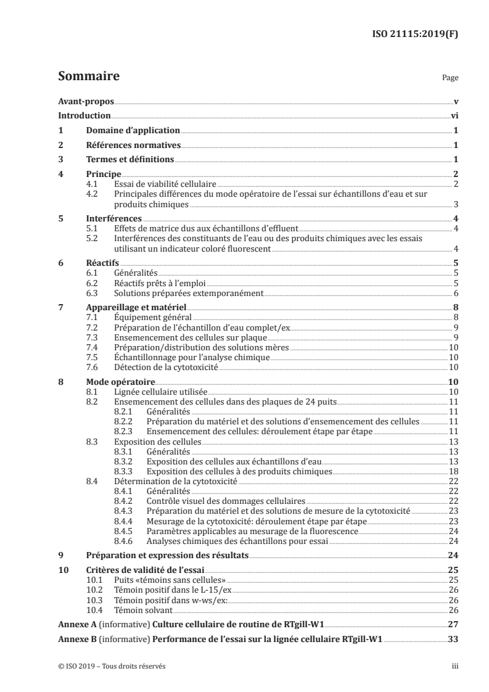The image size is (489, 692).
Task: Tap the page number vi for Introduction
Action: (454, 116)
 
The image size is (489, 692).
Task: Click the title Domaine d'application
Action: (133, 131)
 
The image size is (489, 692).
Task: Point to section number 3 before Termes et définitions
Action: (60, 160)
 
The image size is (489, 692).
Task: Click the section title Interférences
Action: (113, 219)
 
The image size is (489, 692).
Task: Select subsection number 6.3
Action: (92, 294)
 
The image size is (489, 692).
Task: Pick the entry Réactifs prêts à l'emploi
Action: (158, 284)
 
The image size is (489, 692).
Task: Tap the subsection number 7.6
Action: (92, 368)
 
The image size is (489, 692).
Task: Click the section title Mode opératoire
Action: (120, 382)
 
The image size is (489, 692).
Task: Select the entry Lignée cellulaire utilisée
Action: (161, 392)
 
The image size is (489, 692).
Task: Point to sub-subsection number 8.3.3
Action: (125, 471)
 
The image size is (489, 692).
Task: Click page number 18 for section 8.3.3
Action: (453, 471)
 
